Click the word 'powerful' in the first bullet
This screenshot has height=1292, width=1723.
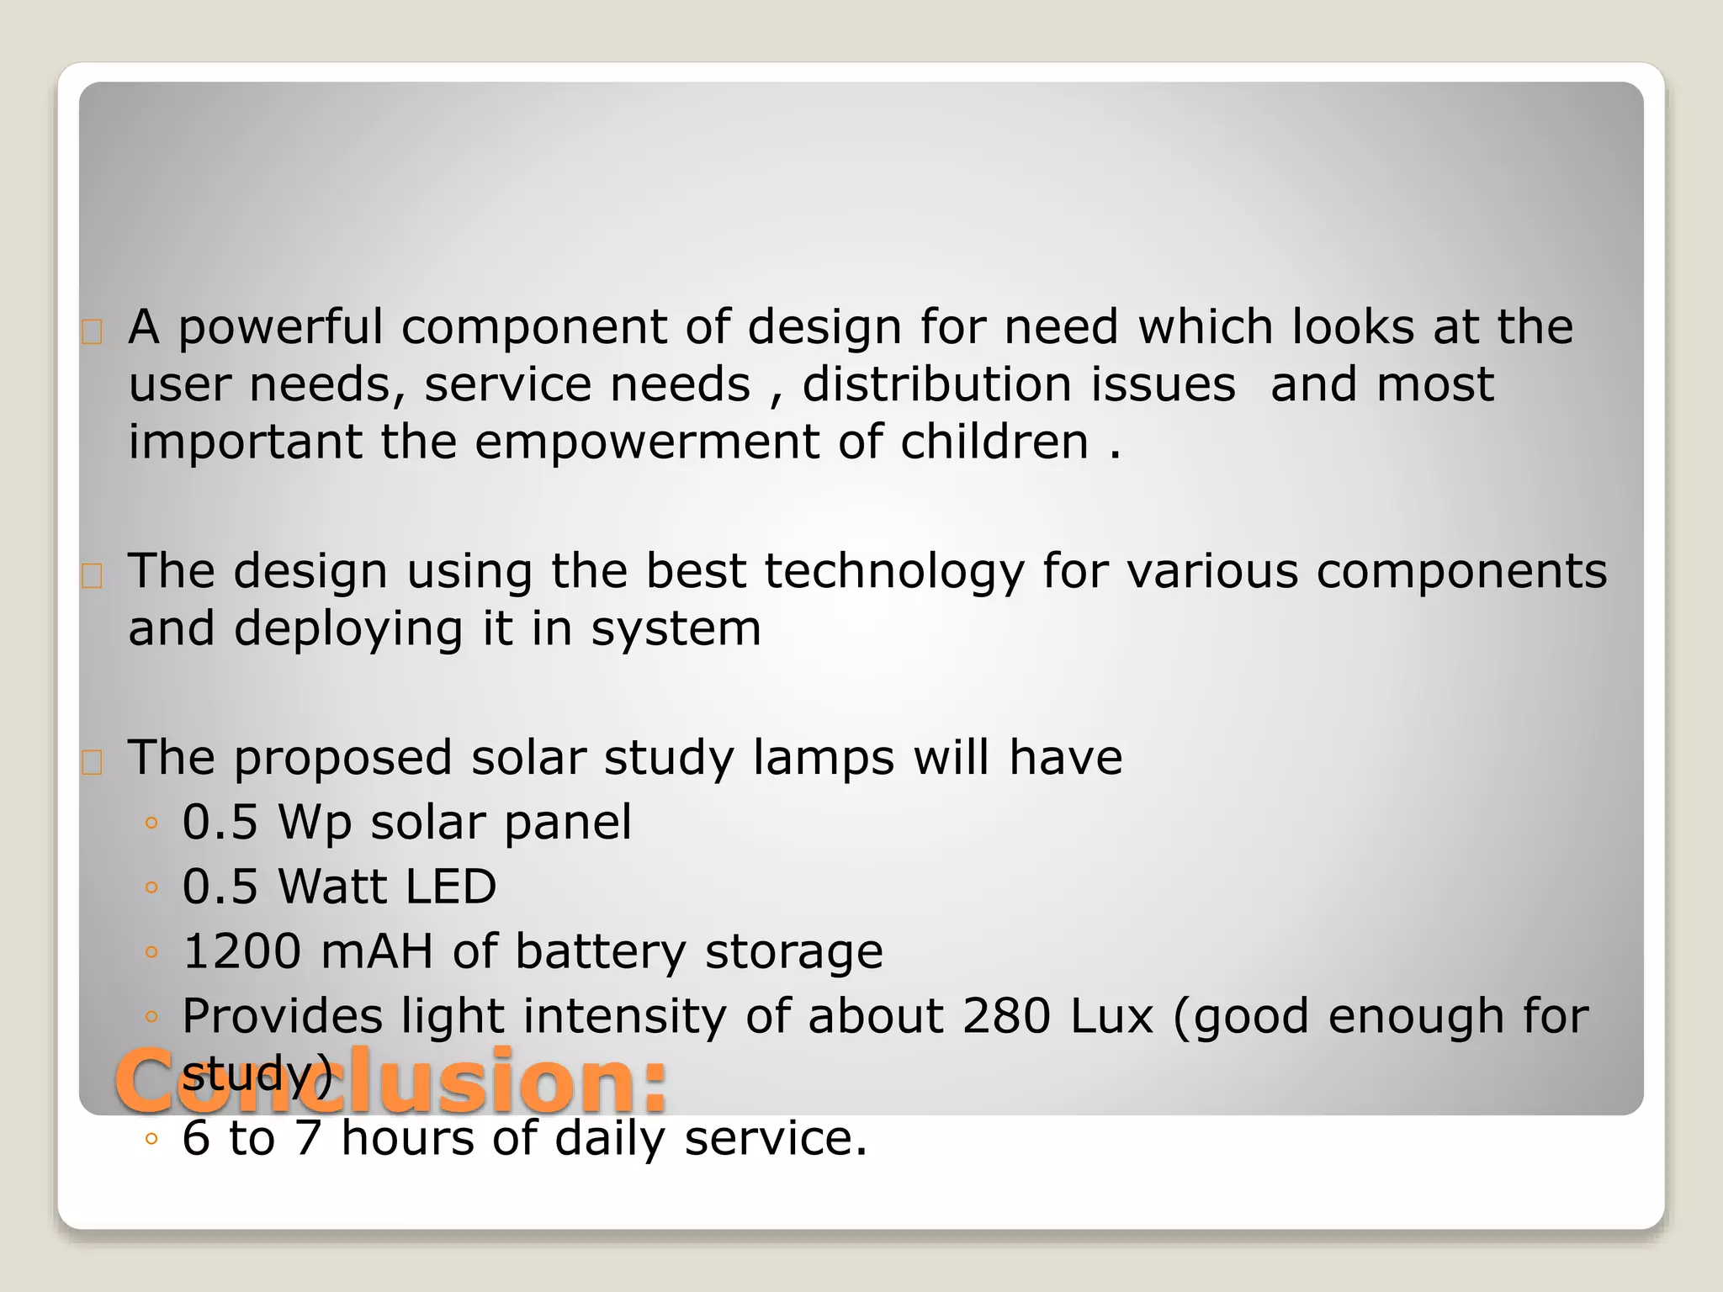280,328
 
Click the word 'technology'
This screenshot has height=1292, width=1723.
894,572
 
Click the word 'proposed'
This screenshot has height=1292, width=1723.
342,759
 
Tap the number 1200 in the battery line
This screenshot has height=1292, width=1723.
241,952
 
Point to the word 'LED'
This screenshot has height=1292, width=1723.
451,887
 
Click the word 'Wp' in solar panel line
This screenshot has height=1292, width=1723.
315,823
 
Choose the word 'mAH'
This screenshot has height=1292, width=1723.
377,952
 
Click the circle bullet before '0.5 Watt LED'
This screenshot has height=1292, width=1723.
151,888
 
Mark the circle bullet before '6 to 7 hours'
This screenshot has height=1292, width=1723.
151,1140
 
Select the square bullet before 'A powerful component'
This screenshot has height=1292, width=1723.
93,333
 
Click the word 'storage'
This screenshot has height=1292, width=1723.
793,952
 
